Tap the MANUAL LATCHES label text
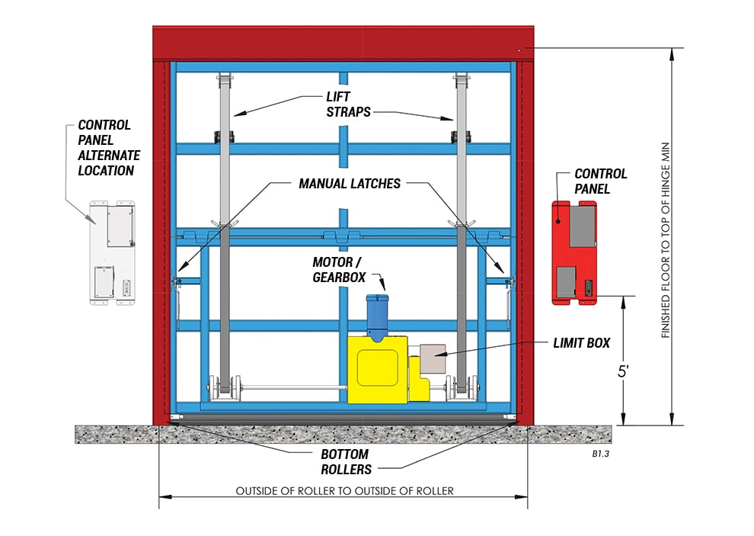click(x=349, y=184)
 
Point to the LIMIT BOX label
click(x=581, y=343)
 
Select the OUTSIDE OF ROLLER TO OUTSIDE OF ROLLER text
click(x=344, y=490)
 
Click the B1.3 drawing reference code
click(x=601, y=454)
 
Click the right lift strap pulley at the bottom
click(x=462, y=386)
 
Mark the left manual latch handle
click(x=177, y=302)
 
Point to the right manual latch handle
click(x=509, y=300)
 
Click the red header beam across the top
click(x=343, y=43)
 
